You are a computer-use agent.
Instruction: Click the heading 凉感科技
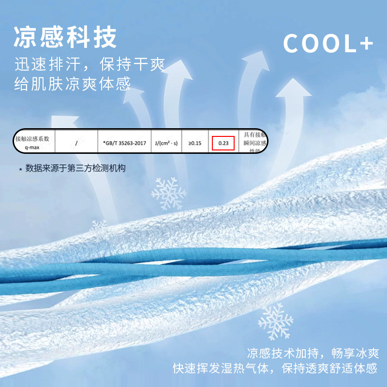(65, 38)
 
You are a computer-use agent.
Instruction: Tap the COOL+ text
(328, 44)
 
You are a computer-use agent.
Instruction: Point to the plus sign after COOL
(366, 45)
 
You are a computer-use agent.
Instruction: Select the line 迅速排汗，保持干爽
(89, 65)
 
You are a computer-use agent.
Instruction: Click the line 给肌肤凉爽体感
(72, 85)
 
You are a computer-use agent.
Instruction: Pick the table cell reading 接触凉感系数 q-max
(32, 141)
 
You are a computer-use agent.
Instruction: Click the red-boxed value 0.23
(223, 143)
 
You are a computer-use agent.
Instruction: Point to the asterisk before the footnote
(20, 169)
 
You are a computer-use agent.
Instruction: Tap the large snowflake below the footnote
(168, 194)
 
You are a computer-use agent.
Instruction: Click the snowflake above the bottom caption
(275, 321)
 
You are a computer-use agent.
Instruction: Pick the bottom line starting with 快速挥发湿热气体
(275, 369)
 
